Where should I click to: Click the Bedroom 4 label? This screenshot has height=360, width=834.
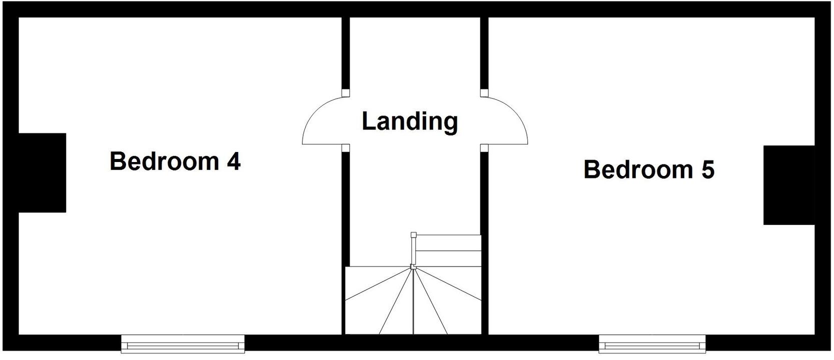click(x=175, y=161)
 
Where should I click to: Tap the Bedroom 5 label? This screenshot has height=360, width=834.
click(x=649, y=169)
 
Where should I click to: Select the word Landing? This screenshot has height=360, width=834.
click(x=410, y=121)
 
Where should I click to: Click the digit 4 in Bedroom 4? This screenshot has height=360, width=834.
click(x=234, y=161)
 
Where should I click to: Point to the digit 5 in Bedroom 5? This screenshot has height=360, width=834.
click(x=707, y=169)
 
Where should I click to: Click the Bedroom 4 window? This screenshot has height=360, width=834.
click(x=183, y=344)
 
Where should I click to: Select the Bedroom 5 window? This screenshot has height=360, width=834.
click(x=652, y=344)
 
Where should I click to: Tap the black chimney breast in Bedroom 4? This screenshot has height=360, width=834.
click(x=42, y=172)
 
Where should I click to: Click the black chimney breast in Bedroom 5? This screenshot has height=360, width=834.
click(x=788, y=185)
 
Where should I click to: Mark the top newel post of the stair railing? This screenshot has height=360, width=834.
click(x=413, y=234)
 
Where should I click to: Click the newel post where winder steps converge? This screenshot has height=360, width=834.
click(x=413, y=266)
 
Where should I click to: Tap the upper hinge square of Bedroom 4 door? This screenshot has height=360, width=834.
click(x=345, y=93)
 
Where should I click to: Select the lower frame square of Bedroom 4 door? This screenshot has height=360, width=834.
click(x=345, y=147)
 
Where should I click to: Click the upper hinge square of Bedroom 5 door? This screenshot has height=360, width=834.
click(x=484, y=93)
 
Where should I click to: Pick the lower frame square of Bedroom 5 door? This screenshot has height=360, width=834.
click(x=484, y=147)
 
